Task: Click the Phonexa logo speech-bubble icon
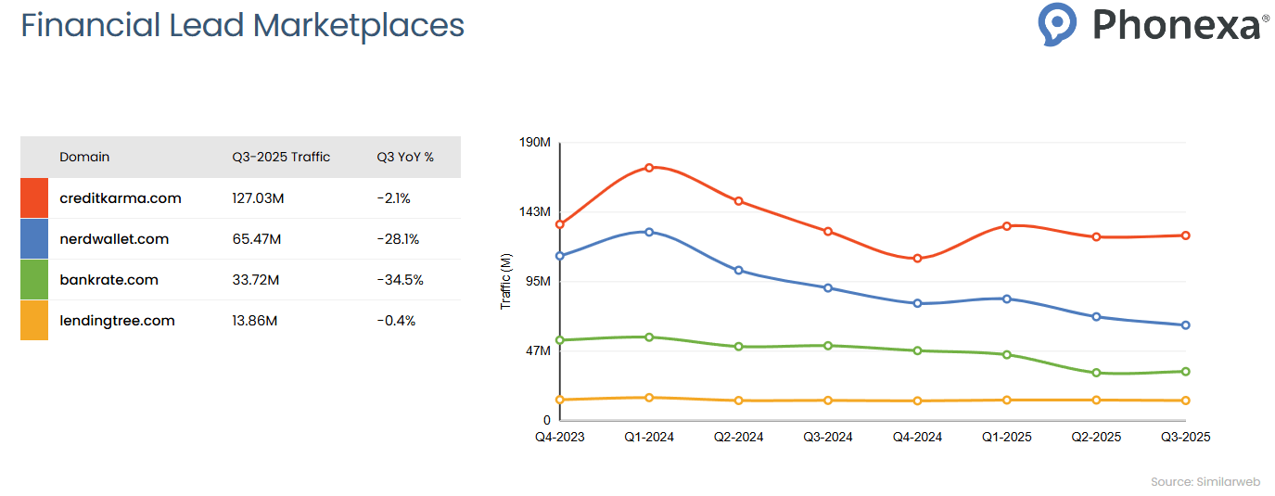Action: pyautogui.click(x=1057, y=23)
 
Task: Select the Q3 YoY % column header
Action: pyautogui.click(x=405, y=157)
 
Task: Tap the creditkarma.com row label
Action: pyautogui.click(x=120, y=198)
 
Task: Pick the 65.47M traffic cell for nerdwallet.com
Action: pyautogui.click(x=256, y=239)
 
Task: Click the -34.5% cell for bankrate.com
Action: pyautogui.click(x=400, y=280)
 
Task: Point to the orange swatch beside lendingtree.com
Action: pyautogui.click(x=34, y=321)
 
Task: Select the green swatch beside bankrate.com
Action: pyautogui.click(x=34, y=280)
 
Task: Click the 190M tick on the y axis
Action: pyautogui.click(x=535, y=143)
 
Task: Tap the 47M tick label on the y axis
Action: pyautogui.click(x=538, y=351)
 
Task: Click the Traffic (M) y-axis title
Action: pyautogui.click(x=505, y=281)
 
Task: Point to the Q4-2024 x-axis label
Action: pyautogui.click(x=917, y=437)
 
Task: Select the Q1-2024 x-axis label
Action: pyautogui.click(x=649, y=437)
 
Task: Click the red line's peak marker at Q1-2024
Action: pyautogui.click(x=649, y=168)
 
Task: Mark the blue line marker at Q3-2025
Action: pyautogui.click(x=1186, y=325)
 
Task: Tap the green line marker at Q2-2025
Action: pyautogui.click(x=1096, y=373)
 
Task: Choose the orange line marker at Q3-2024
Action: pyautogui.click(x=828, y=401)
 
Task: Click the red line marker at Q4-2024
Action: pyautogui.click(x=917, y=259)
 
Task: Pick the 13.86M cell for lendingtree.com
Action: pyautogui.click(x=255, y=321)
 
